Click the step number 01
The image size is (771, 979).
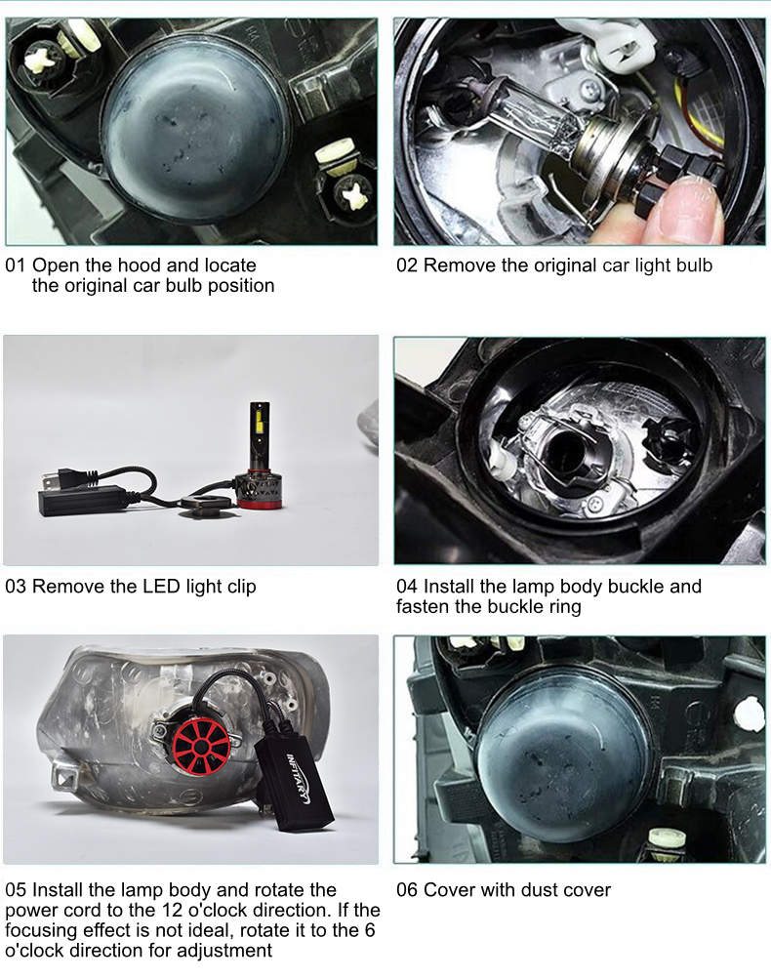click(15, 265)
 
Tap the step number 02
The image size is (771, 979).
click(406, 265)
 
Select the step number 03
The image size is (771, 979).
click(15, 587)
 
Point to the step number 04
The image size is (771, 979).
click(406, 587)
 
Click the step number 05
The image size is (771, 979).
click(15, 890)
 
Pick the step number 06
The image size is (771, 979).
click(406, 890)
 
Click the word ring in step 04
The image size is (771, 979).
click(565, 607)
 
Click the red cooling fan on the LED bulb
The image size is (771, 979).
click(200, 747)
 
